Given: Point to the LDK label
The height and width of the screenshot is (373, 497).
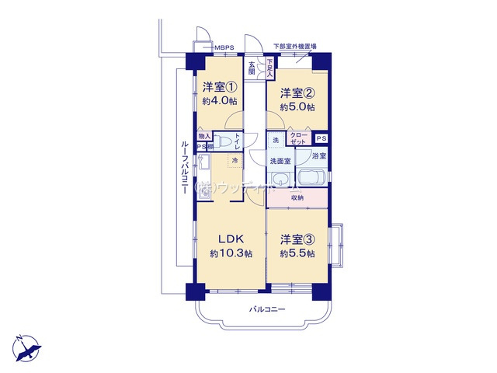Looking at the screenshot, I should click(x=231, y=239).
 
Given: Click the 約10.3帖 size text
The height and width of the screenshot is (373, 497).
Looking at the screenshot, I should click(x=231, y=254).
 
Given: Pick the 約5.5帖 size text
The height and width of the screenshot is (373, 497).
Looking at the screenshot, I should click(x=298, y=254).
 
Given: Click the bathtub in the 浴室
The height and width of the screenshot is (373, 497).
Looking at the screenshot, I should click(x=309, y=178).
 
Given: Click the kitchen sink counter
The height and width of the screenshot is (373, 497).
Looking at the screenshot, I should click(x=203, y=172).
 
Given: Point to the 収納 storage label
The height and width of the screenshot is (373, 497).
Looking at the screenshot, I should click(x=297, y=198).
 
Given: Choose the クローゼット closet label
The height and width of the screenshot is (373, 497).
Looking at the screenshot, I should click(x=299, y=139).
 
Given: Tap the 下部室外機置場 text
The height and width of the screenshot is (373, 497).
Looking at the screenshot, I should click(x=294, y=46).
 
